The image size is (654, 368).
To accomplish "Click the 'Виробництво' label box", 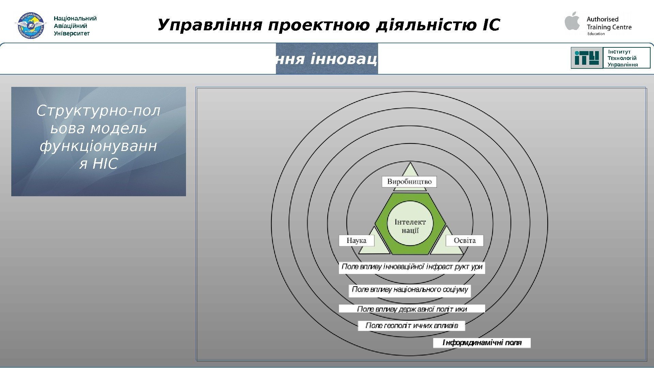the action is point(409,182).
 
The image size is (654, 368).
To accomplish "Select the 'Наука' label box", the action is point(356,241).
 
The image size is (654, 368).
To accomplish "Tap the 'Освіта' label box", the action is point(465,241).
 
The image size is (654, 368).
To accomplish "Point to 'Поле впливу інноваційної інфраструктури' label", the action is point(412,267).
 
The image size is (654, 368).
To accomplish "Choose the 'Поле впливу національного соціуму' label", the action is point(410,290).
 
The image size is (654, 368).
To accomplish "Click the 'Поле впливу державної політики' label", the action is point(412,309).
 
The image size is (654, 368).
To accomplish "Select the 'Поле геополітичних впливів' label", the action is point(411,326).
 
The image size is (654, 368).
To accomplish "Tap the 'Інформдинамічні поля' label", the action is point(482,343).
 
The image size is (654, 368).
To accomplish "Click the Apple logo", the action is point(573,21).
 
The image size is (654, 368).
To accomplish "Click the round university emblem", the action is point(31,25).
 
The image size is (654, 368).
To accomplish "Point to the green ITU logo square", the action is point(587,58).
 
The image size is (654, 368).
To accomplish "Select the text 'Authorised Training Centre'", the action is point(609,23).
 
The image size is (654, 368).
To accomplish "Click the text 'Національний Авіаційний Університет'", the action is point(75,26).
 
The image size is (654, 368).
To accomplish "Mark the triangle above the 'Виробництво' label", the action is point(410,170).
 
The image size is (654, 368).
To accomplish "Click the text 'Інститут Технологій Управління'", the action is point(623,58).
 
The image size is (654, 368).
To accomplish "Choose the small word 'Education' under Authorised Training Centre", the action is point(596,34).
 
